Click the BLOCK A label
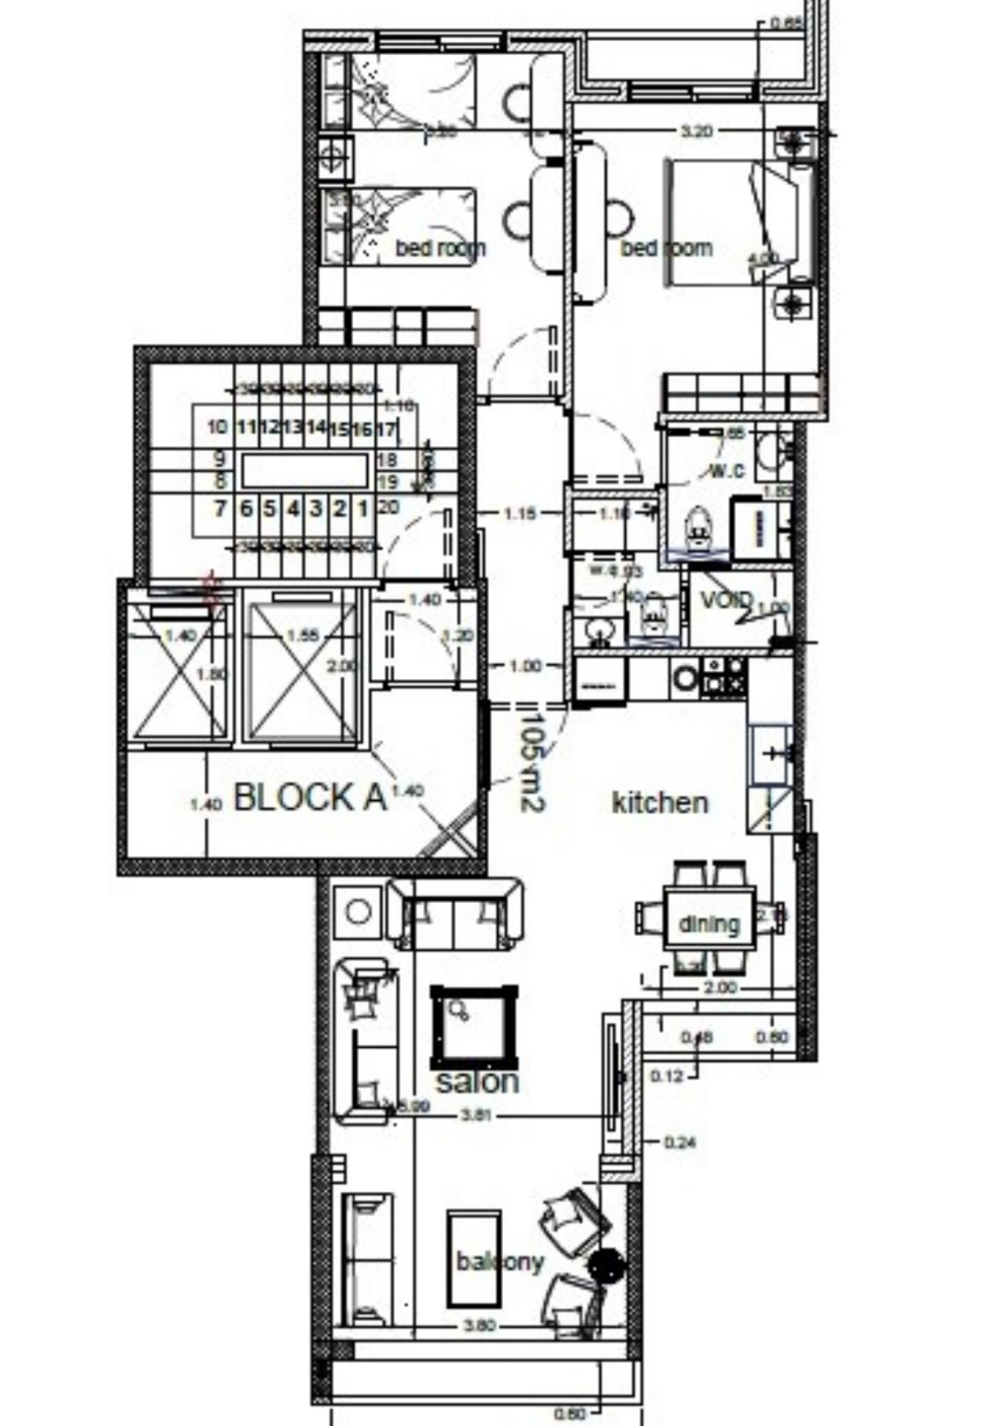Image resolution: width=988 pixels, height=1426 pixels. tap(310, 797)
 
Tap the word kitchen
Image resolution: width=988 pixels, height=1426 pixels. tap(659, 803)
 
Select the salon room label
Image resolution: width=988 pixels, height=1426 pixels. tap(477, 1081)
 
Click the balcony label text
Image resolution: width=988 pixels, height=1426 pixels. tap(500, 1261)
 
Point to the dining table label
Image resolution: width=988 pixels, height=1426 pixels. tap(709, 924)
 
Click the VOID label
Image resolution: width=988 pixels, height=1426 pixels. tap(726, 600)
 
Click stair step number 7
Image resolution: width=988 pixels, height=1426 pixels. tap(220, 509)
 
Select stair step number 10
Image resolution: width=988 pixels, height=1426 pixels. tap(217, 428)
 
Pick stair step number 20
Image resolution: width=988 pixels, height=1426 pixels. tap(388, 508)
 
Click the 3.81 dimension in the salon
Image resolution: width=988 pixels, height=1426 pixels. tap(476, 1116)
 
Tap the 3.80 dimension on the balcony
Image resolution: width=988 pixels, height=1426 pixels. tap(479, 1325)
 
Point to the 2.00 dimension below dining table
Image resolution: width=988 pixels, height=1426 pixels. tap(720, 988)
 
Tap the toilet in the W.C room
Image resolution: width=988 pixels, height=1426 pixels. tap(698, 528)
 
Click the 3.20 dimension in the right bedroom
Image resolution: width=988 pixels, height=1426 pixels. tap(696, 131)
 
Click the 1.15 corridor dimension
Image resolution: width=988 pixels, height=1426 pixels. tap(519, 514)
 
